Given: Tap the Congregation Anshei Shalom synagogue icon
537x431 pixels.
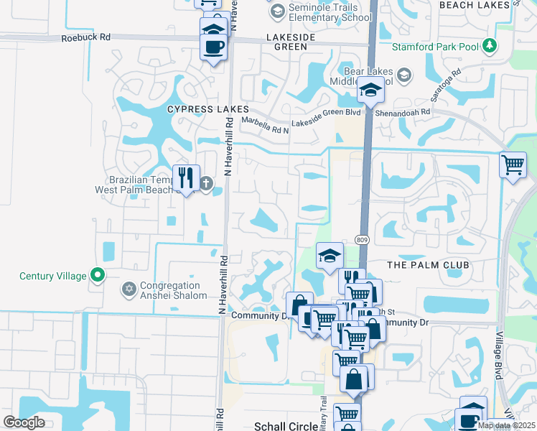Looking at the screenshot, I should tap(129, 289).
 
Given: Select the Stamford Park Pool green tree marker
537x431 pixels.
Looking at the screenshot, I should tap(490, 47).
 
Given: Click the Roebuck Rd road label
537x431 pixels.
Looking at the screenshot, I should tap(86, 37).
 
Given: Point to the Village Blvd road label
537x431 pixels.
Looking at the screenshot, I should tap(498, 356).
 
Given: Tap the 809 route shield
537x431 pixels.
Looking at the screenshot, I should tap(362, 240).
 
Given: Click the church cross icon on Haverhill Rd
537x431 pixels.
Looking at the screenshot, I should tap(207, 184).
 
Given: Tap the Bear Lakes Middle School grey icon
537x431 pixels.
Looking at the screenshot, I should tap(404, 75).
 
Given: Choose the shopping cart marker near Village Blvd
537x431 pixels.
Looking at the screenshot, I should tap(513, 164).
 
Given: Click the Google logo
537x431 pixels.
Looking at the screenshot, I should tap(24, 422).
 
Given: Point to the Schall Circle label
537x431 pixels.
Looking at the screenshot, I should tap(286, 426).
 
